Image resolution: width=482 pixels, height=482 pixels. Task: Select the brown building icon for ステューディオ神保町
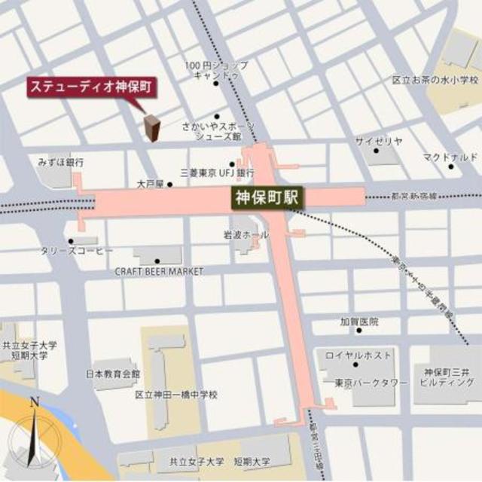[x=151, y=129]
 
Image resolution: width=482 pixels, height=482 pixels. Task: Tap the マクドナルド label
[x=450, y=157]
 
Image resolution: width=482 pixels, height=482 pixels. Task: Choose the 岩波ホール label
[x=246, y=234]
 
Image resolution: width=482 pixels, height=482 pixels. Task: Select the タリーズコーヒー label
[x=78, y=249]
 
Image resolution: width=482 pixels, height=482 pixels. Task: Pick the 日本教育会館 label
[x=112, y=374]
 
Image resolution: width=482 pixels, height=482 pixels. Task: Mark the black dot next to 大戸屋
[x=170, y=184]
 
